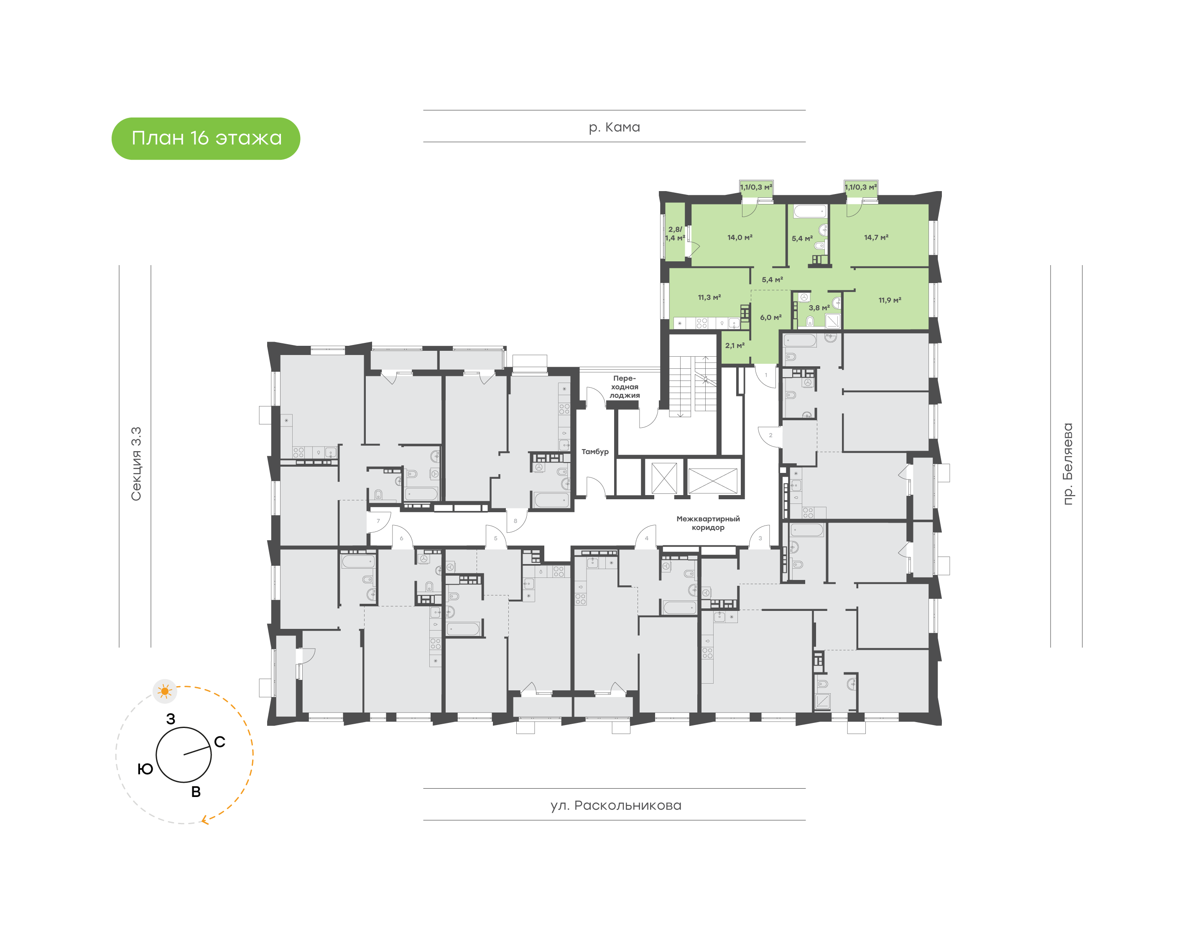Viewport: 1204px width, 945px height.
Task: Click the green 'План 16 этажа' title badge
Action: pos(206,138)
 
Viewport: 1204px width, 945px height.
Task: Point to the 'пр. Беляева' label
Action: pos(1067,464)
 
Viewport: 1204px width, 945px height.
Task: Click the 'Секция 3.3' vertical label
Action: pos(136,464)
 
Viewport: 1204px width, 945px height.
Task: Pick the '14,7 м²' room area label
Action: pos(876,238)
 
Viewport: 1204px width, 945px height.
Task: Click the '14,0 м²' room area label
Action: pos(740,238)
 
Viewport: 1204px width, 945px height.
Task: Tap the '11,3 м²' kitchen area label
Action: pos(709,298)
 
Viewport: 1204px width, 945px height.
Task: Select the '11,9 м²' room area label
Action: pos(890,300)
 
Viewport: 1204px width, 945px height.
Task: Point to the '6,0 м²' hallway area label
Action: pos(770,318)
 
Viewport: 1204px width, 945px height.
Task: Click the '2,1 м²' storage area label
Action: pos(735,346)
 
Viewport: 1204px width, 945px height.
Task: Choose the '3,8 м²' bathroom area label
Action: pos(819,308)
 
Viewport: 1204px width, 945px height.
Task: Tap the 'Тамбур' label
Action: pos(594,452)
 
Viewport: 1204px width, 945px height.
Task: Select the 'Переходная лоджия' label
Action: pos(625,387)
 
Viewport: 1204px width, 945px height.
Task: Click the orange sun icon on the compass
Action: pos(164,691)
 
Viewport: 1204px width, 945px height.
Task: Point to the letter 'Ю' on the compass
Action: pos(145,769)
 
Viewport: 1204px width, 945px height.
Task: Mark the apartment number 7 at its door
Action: pos(378,521)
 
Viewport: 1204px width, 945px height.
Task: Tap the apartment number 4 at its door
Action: pos(646,538)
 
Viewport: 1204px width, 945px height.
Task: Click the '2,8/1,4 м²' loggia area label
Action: pos(675,233)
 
